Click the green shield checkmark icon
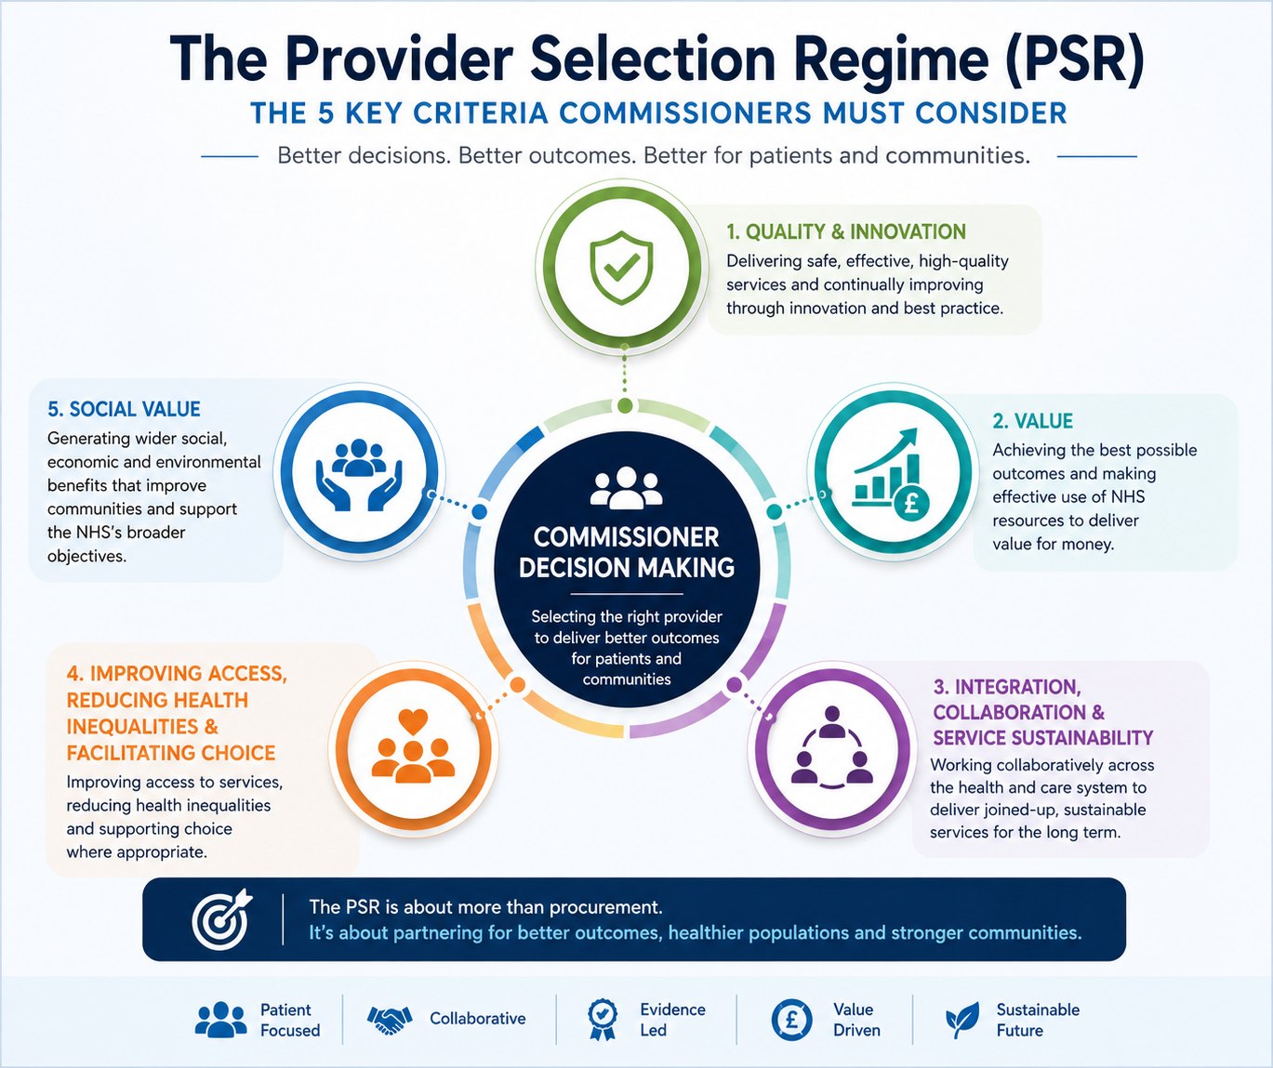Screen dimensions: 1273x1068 point(621,267)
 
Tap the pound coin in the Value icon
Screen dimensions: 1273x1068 point(911,503)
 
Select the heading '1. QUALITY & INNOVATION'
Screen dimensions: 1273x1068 point(845,231)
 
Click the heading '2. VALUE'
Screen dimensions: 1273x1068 point(1032,421)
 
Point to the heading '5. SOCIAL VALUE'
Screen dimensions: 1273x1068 point(124,409)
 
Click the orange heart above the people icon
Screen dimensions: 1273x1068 point(413,721)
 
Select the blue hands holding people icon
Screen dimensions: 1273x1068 point(359,475)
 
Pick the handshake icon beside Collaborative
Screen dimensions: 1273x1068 point(390,1020)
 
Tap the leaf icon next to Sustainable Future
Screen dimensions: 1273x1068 point(962,1020)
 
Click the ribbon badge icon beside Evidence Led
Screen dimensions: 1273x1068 point(603,1020)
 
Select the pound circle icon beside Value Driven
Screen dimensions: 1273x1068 point(791,1020)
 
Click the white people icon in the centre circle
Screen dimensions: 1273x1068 point(626,488)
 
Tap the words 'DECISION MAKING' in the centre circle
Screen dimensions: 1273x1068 point(626,568)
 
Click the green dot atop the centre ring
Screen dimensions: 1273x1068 point(625,405)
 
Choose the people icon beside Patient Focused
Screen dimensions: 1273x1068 point(220,1020)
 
